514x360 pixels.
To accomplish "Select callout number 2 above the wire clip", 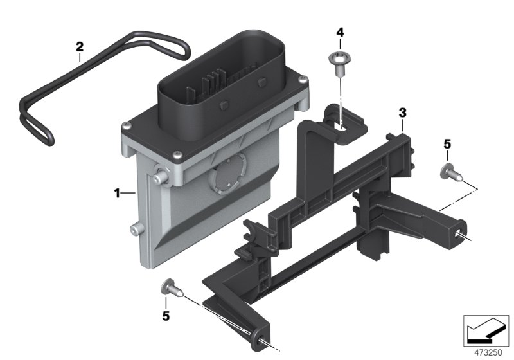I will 80,46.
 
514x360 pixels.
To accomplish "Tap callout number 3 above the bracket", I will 402,113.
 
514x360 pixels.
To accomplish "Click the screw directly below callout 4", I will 336,61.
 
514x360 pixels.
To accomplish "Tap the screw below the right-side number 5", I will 448,171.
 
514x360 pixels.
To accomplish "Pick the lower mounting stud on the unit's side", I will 134,228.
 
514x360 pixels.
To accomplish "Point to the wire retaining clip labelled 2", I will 103,77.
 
